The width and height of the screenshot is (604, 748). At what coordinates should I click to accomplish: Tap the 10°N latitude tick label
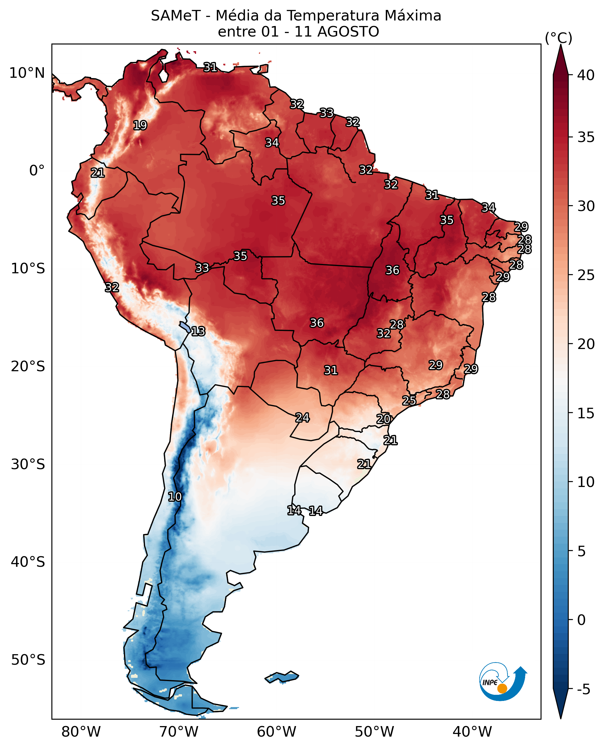[27, 73]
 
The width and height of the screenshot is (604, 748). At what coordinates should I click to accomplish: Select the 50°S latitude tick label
[28, 660]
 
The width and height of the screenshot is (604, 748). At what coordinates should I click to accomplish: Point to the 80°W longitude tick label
[81, 732]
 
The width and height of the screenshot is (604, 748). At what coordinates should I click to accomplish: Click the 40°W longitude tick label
[473, 732]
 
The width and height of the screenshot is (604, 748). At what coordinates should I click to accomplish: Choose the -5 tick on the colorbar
[584, 689]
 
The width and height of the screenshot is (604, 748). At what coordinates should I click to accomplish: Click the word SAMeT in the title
[176, 16]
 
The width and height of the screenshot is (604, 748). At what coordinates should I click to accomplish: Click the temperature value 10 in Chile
[175, 497]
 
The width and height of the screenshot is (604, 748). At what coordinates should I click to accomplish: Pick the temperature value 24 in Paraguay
[302, 417]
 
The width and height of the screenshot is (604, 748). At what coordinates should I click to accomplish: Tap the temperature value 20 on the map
[383, 419]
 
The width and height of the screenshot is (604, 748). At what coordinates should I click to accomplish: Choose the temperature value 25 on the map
[409, 400]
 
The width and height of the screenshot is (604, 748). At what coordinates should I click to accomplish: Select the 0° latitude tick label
[37, 170]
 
